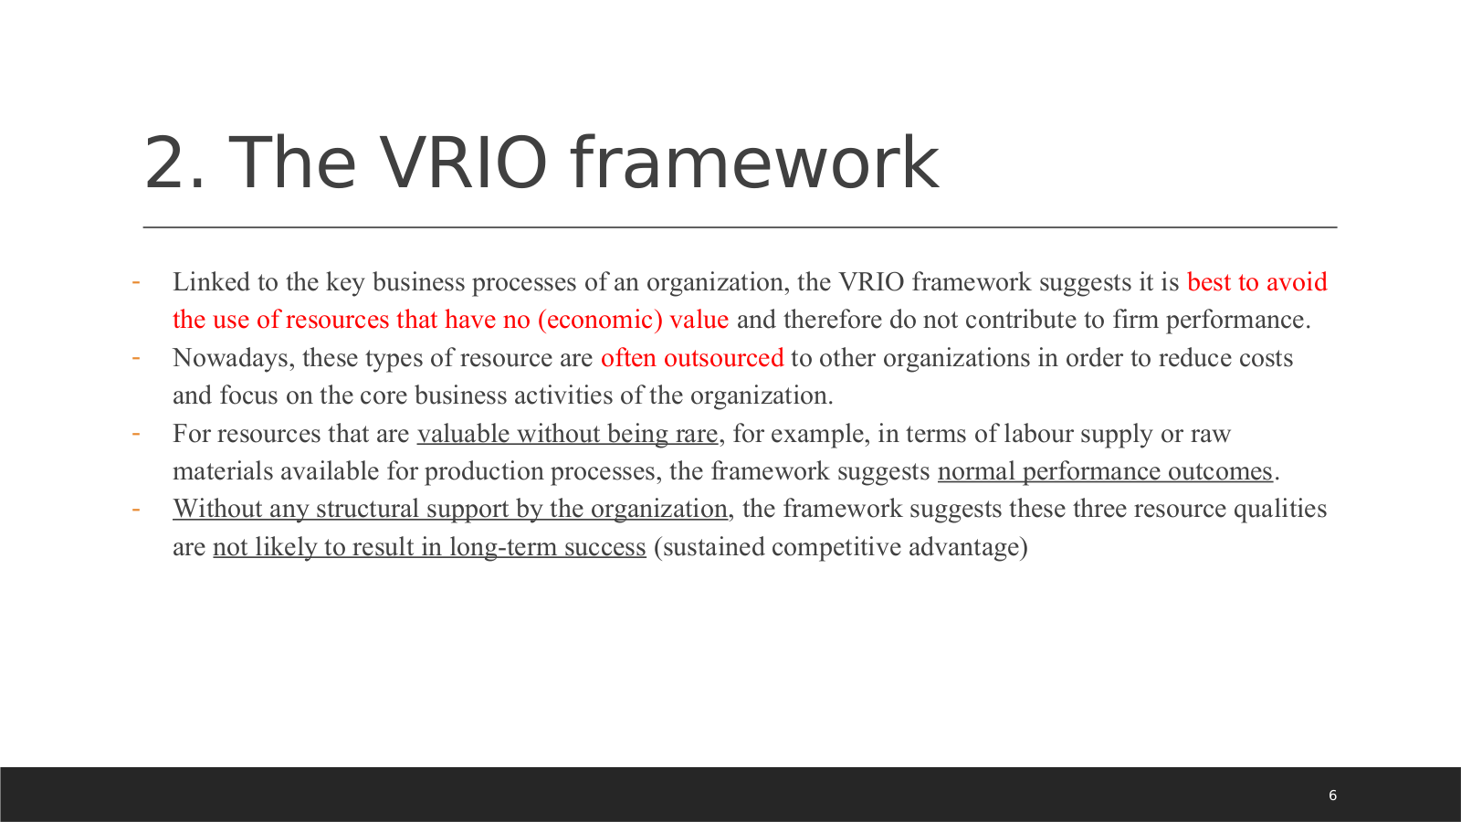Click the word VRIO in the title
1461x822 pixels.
point(463,163)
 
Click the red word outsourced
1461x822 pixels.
point(723,358)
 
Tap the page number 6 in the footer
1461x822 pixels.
point(1332,796)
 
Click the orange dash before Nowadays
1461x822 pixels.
point(136,358)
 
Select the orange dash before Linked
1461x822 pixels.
point(136,282)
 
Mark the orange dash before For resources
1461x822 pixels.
point(136,434)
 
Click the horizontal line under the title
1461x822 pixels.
point(741,227)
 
